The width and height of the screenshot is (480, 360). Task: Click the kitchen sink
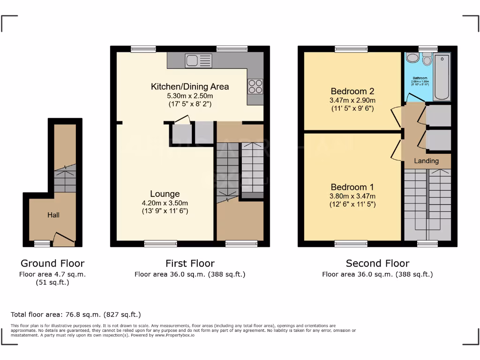tap(199, 60)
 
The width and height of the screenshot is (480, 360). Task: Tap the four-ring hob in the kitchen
tap(255, 86)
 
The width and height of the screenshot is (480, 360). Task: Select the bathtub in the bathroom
tap(442, 77)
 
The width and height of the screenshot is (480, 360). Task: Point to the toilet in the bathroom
tap(427, 60)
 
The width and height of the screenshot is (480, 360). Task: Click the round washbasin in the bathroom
tap(412, 58)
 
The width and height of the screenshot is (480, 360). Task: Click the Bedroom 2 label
tap(352, 91)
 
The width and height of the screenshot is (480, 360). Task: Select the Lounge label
tap(165, 194)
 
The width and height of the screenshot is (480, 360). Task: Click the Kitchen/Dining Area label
tap(190, 86)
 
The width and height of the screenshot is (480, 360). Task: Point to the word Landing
tap(427, 161)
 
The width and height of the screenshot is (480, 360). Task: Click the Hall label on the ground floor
tap(53, 215)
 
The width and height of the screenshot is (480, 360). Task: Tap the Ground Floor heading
tap(52, 263)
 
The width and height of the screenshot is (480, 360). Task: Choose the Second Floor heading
tap(377, 263)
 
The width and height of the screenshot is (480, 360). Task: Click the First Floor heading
tap(190, 263)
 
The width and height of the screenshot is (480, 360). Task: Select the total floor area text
tap(75, 315)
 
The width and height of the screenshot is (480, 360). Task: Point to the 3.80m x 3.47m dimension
tap(352, 196)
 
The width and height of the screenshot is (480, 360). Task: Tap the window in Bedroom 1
tap(351, 243)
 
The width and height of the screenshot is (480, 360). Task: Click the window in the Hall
tap(42, 243)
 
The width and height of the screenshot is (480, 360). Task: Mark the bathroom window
tap(427, 48)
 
